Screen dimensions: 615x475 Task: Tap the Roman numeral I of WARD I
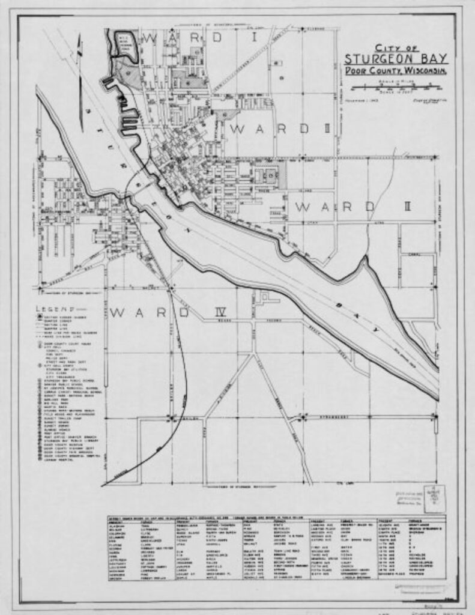[x=255, y=38]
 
